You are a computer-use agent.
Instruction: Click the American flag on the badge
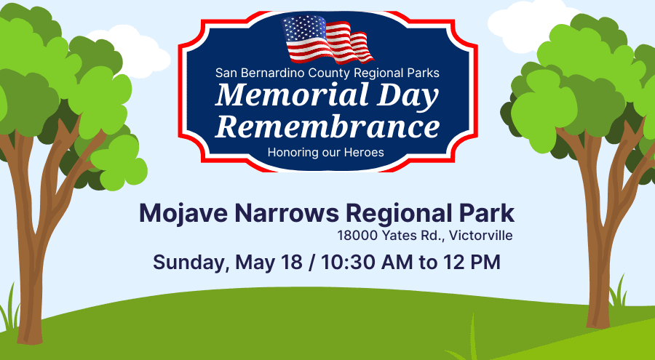(x=327, y=39)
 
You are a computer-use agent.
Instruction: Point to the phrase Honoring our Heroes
(x=326, y=153)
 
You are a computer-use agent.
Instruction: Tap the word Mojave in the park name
(x=183, y=213)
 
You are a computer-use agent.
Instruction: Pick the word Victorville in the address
(x=481, y=236)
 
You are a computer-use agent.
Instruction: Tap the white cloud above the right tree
(x=531, y=25)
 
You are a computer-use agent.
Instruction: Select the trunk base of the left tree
(x=30, y=334)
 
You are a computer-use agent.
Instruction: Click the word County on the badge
(x=326, y=73)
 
